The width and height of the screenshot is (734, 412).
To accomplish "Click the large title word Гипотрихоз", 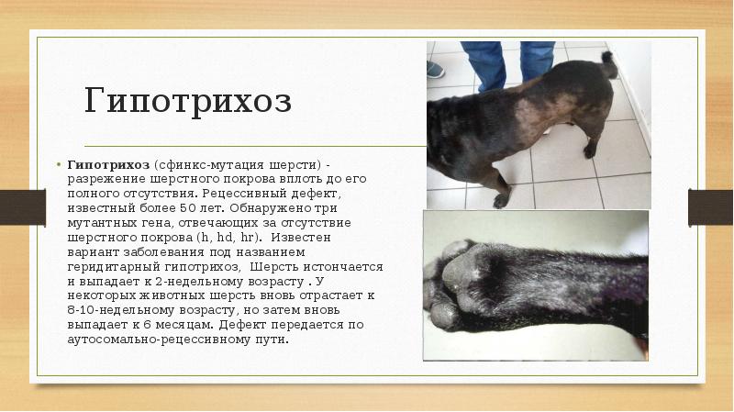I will [188, 100].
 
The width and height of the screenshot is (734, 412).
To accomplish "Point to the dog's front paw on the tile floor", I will [501, 198].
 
